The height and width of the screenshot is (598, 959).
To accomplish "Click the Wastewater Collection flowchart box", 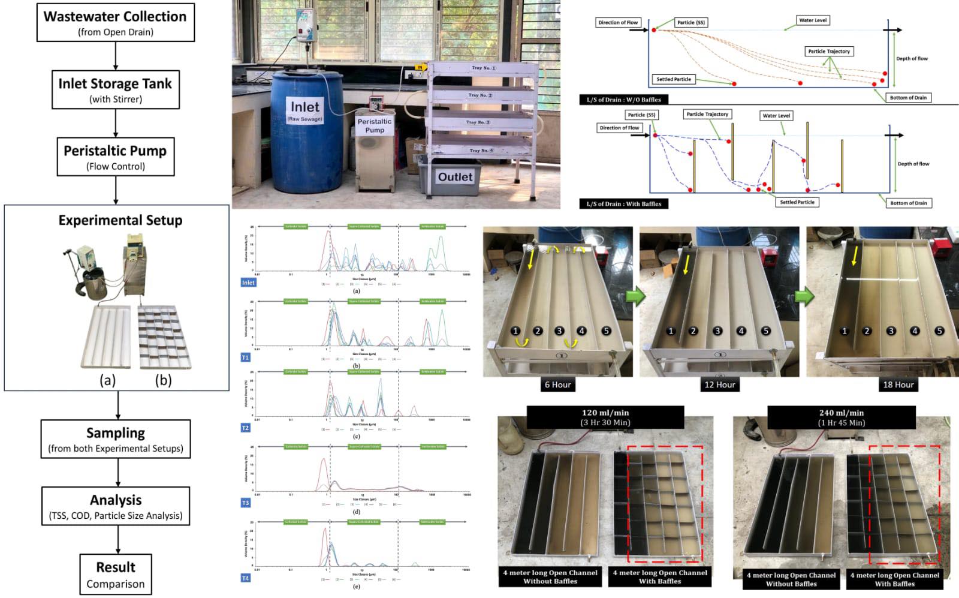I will point(115,23).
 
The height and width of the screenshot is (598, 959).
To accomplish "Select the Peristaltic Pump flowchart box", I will point(115,157).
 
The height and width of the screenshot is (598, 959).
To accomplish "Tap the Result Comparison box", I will point(115,575).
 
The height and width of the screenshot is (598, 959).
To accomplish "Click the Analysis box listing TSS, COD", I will point(115,506).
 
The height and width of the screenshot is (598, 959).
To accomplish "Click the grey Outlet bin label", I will point(455,177).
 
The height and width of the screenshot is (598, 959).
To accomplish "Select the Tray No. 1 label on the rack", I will point(483,68).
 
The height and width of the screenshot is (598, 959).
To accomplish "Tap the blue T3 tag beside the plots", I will point(245,503).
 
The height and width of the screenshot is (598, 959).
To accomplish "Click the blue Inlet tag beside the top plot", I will point(248,283).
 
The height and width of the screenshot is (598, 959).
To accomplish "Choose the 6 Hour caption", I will point(557,384).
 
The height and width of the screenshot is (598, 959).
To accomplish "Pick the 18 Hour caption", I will point(898,384).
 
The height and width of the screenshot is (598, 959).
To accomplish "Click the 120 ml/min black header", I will point(605,417).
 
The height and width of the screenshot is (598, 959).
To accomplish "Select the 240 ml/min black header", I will point(842,417).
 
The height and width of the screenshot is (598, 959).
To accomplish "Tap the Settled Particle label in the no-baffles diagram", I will point(673,79).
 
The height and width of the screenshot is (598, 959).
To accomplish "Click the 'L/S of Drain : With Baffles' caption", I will point(623,204).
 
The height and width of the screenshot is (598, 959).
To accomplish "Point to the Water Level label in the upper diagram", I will point(813,20).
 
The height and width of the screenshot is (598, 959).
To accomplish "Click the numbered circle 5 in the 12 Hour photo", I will point(765,330).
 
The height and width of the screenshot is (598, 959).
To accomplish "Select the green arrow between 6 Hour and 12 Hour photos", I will point(636,296).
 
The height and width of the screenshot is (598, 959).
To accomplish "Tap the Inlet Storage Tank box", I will point(115,90).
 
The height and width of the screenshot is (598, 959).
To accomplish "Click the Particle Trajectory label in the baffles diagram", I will point(707,114).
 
